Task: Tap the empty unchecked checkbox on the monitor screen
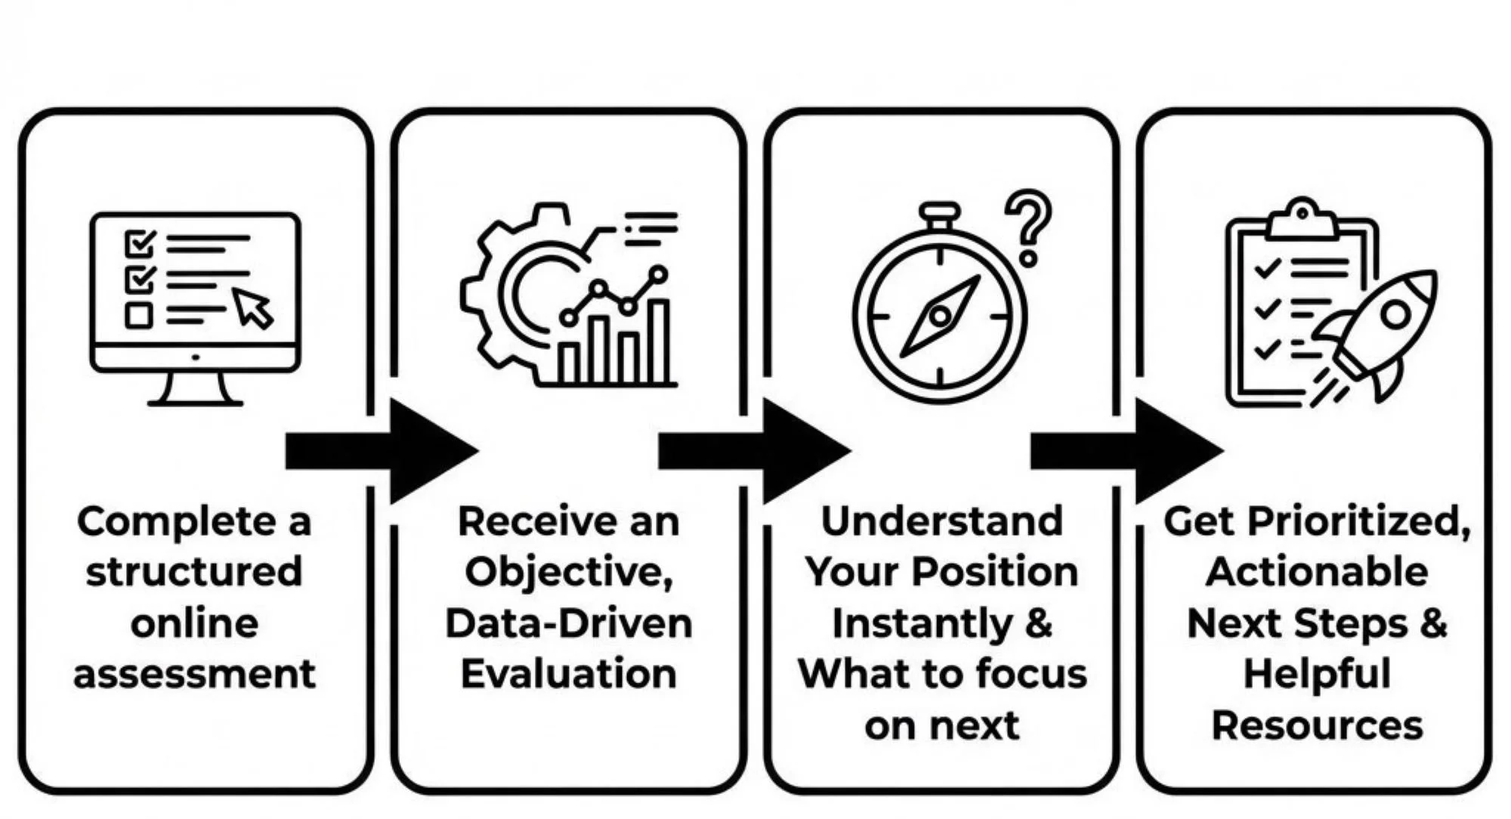click(138, 315)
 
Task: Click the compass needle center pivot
click(940, 316)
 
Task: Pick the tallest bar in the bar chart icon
click(658, 342)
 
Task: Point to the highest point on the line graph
click(659, 274)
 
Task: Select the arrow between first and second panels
click(382, 451)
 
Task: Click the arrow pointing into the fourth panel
click(1126, 451)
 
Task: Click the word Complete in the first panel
click(177, 523)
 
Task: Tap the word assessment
click(194, 674)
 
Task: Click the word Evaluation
click(569, 674)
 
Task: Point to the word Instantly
click(921, 624)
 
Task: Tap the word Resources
click(1317, 725)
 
